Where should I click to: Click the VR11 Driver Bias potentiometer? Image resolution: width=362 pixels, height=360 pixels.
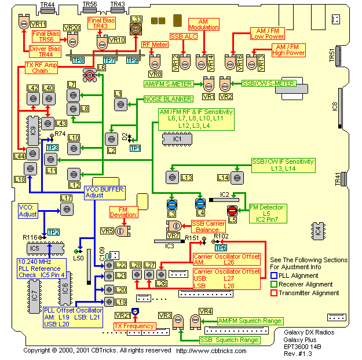pos(24,23)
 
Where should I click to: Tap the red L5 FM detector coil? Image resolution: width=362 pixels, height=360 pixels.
pos(232,210)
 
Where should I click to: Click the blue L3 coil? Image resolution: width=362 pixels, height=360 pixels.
pos(171,205)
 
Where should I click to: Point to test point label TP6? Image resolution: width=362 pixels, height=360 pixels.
pos(220,248)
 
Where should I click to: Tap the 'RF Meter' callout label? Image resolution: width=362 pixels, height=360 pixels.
pos(155,43)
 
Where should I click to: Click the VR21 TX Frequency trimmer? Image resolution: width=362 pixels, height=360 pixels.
pos(135,312)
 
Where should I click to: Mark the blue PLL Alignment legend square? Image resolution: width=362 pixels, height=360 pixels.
pos(274,275)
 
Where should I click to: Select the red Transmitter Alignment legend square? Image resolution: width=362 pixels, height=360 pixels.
pos(274,293)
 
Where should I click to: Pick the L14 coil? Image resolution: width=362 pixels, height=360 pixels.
pos(236,177)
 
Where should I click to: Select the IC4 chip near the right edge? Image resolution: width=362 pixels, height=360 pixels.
pos(317,230)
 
